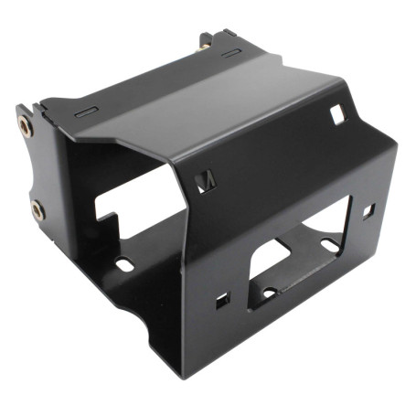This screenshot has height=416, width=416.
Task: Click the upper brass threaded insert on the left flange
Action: tap(26, 126)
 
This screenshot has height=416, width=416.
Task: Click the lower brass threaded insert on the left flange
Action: tap(37, 210)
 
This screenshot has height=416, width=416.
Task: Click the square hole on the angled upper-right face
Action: tap(336, 113)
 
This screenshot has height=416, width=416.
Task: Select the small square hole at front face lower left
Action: tap(222, 300)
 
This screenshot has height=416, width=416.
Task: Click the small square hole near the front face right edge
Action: tap(368, 210)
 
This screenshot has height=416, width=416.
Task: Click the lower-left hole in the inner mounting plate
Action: tap(269, 293)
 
